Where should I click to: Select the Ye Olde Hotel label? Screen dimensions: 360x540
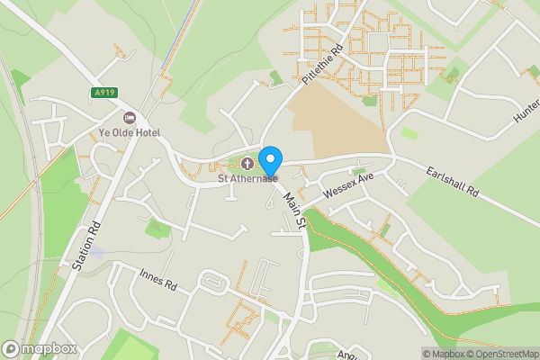coord(130,133)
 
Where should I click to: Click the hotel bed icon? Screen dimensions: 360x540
coord(129,118)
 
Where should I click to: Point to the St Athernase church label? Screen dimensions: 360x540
coord(247,178)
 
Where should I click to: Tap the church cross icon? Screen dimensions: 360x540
coord(247,163)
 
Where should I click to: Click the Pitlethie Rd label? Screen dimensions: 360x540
coord(323,66)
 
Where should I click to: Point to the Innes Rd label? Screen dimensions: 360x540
coord(157,283)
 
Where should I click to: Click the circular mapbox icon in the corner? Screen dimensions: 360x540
coord(11,348)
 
